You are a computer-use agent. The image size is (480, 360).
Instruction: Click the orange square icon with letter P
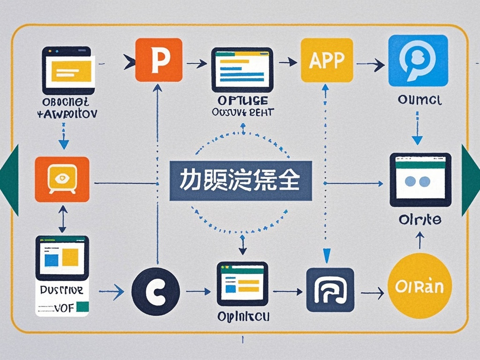pos(158,60)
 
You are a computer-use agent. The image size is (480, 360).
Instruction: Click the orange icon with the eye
pos(62,180)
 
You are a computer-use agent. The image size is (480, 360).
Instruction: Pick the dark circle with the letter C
pos(156,291)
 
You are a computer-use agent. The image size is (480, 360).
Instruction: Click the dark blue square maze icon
pos(330,290)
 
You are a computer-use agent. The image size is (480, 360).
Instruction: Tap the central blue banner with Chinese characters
pos(240,181)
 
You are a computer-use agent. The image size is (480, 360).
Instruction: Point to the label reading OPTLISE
pos(242,101)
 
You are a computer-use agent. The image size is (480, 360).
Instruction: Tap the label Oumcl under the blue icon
pos(417,100)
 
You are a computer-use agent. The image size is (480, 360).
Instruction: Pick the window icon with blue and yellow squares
pos(62,257)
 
